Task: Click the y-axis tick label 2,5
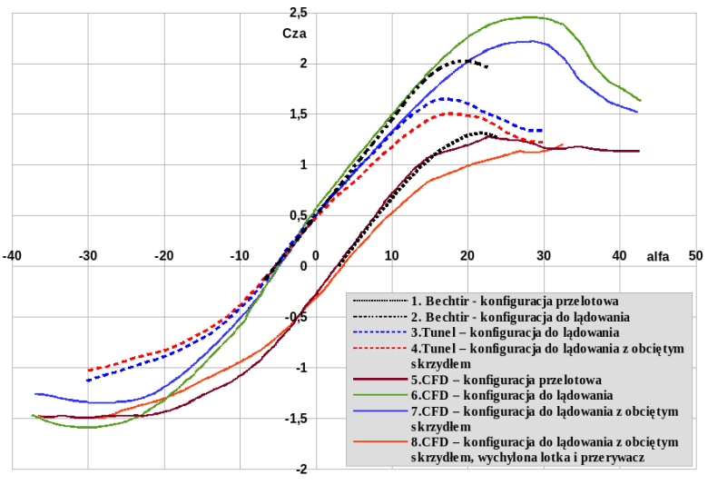295,13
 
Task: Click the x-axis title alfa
657,257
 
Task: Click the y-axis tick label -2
300,470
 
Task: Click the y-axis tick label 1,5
295,114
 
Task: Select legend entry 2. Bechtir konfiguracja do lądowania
520,316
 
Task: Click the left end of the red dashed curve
88,371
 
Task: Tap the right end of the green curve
640,100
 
